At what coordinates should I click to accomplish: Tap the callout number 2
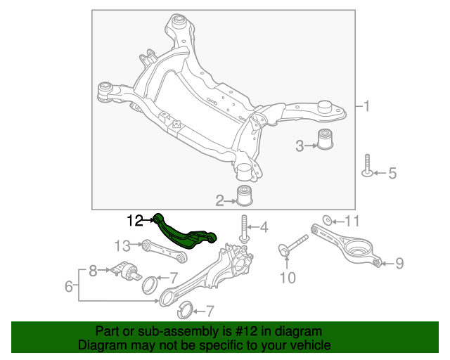(x=220, y=202)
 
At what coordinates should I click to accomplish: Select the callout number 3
(x=300, y=146)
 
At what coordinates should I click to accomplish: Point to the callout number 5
(x=392, y=173)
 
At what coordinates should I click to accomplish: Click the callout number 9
(x=399, y=264)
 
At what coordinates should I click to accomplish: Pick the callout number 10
(x=288, y=278)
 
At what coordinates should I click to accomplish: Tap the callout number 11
(x=352, y=221)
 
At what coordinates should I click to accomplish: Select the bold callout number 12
(x=135, y=221)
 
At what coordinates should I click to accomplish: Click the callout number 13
(x=123, y=245)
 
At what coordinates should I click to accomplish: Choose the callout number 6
(x=69, y=286)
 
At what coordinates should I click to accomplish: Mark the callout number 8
(x=91, y=269)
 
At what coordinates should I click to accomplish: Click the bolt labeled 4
(x=243, y=228)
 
